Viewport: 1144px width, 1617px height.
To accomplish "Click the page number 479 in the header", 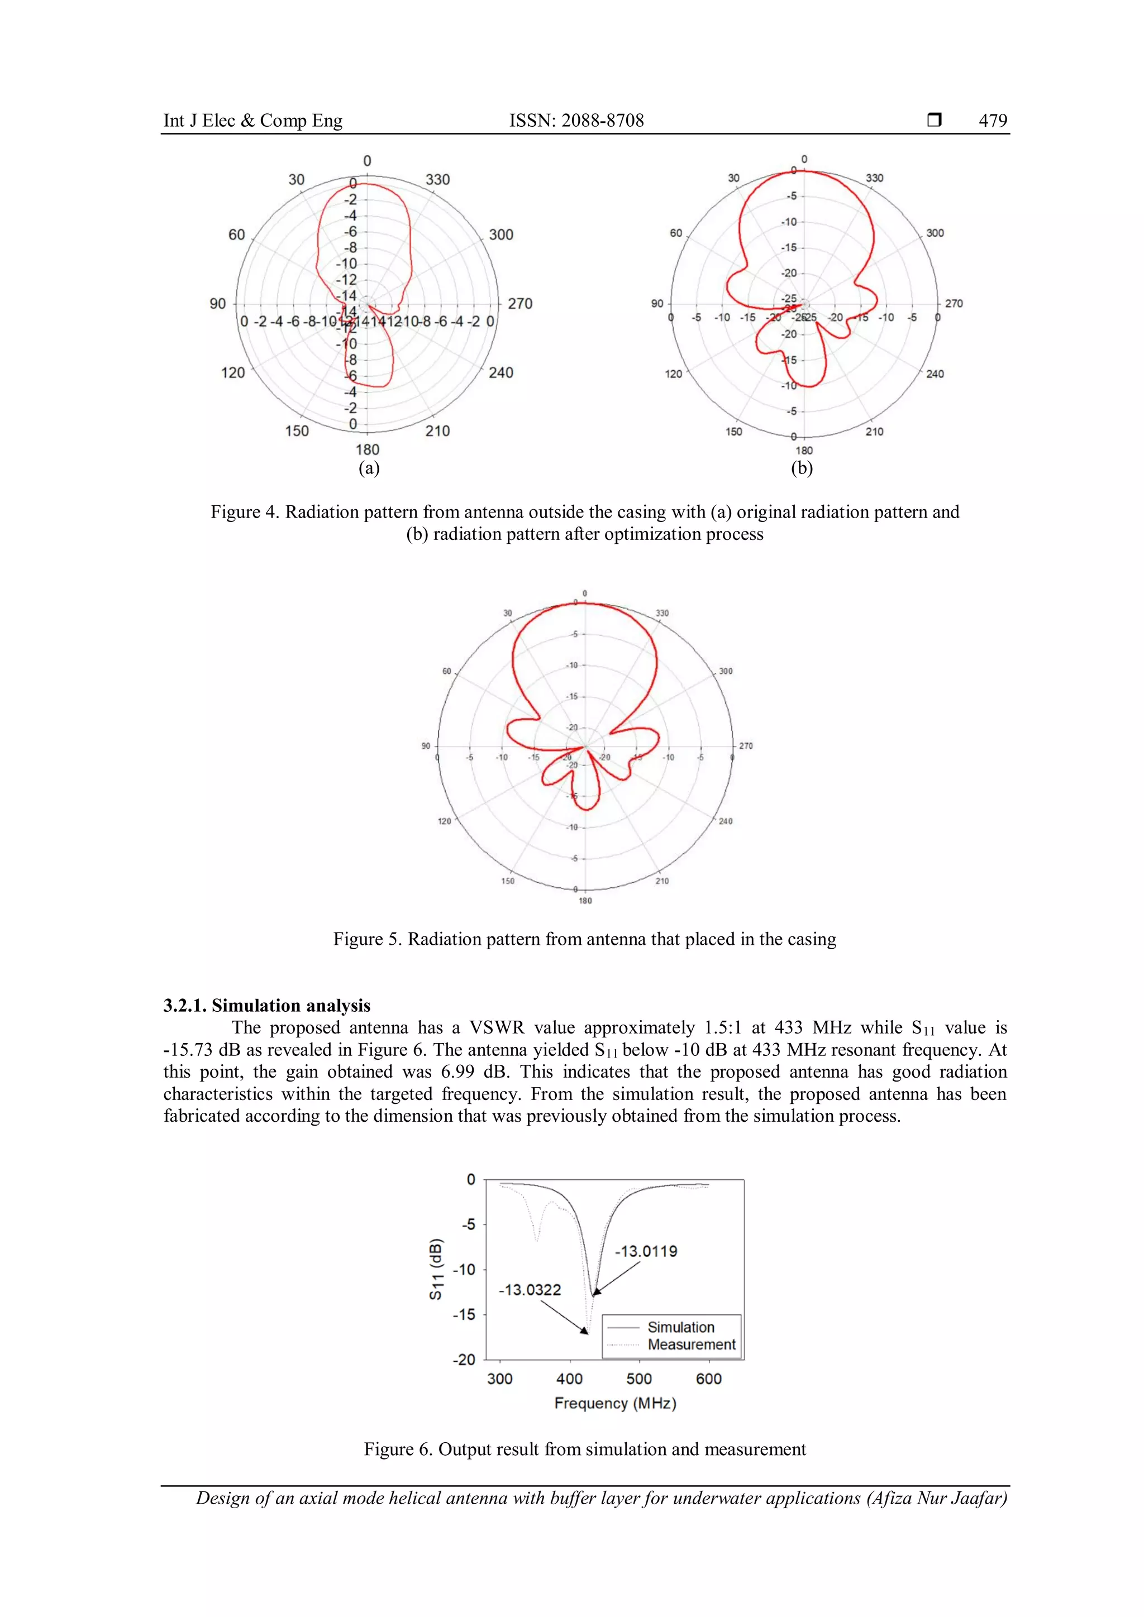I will click(x=993, y=121).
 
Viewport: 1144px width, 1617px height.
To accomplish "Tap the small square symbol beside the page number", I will click(x=934, y=119).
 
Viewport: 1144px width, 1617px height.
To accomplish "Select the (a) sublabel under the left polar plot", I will click(x=369, y=468).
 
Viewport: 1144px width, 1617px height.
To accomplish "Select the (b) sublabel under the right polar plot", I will click(x=802, y=468).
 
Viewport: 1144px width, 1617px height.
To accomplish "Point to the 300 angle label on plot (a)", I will click(x=501, y=235).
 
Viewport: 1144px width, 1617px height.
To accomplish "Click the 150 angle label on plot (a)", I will click(x=297, y=431).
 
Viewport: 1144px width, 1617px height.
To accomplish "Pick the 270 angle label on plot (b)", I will click(x=954, y=304).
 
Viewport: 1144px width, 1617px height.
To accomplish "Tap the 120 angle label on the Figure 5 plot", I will click(x=445, y=821).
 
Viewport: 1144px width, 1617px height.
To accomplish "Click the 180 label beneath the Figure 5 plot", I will click(x=585, y=901).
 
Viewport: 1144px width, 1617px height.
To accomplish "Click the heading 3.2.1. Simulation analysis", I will click(x=267, y=1005).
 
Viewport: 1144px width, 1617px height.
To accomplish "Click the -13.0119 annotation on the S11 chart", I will click(x=646, y=1251).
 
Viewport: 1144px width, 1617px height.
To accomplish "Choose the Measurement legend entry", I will click(x=691, y=1345).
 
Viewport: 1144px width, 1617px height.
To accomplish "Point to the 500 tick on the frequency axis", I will click(x=639, y=1379).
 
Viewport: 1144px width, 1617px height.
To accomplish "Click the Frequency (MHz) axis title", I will click(x=615, y=1403).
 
